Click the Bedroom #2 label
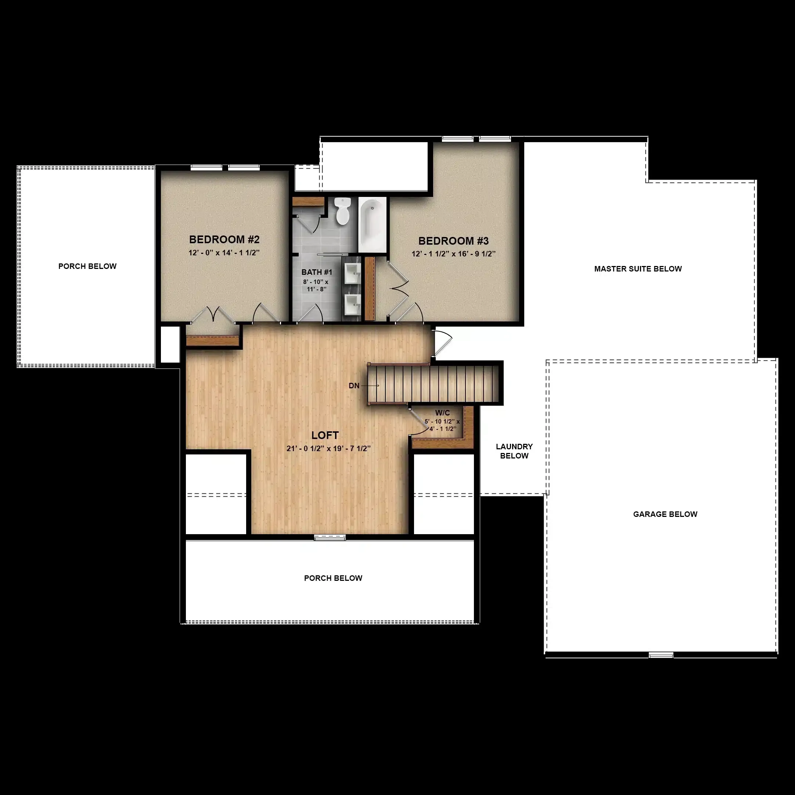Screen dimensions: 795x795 pyautogui.click(x=224, y=239)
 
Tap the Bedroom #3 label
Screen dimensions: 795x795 pyautogui.click(x=453, y=241)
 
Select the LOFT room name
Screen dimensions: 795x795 pyautogui.click(x=325, y=435)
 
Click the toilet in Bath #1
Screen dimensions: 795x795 pyautogui.click(x=342, y=211)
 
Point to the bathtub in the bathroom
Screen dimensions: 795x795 pyautogui.click(x=373, y=225)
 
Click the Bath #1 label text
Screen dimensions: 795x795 pyautogui.click(x=316, y=272)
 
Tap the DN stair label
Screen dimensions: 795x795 pyautogui.click(x=354, y=386)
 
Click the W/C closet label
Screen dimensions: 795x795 pyautogui.click(x=442, y=413)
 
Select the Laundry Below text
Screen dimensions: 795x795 pyautogui.click(x=514, y=451)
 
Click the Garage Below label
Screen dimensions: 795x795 pyautogui.click(x=665, y=514)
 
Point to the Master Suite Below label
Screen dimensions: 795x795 pyautogui.click(x=638, y=269)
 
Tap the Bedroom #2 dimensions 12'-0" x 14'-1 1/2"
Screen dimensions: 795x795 pyautogui.click(x=224, y=253)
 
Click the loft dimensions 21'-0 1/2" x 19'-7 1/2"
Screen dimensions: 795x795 pyautogui.click(x=329, y=448)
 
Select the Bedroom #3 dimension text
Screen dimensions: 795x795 pyautogui.click(x=453, y=254)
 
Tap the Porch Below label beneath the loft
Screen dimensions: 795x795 pyautogui.click(x=333, y=578)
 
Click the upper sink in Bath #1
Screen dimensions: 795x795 pyautogui.click(x=352, y=273)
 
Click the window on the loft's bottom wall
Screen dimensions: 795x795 pyautogui.click(x=330, y=537)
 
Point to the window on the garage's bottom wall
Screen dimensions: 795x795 pyautogui.click(x=661, y=655)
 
